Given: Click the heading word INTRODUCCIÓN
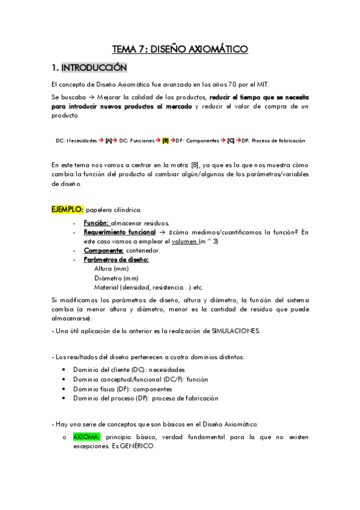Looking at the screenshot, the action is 94,67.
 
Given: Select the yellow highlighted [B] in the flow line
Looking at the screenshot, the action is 166,140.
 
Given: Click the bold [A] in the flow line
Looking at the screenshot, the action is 109,140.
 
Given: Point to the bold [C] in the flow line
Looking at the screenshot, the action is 231,140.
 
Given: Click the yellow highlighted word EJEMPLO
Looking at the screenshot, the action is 67,209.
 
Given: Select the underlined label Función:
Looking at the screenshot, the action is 96,223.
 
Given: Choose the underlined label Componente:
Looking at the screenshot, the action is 103,250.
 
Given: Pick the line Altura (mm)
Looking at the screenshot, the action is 111,269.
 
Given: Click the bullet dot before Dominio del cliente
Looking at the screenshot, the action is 64,369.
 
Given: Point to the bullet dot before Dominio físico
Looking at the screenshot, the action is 64,389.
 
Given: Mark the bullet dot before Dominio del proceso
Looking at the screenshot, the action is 64,398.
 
